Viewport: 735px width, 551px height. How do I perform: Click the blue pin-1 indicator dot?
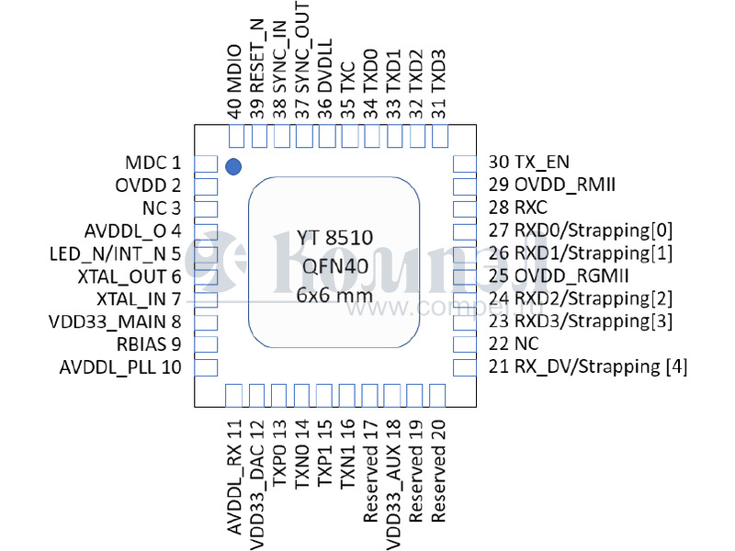233,166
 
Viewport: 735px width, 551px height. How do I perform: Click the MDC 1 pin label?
153,163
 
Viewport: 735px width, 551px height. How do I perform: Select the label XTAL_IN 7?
138,298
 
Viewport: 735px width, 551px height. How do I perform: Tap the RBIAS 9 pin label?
149,344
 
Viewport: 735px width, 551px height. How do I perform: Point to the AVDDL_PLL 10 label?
120,367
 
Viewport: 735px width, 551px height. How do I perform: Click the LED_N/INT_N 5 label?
115,253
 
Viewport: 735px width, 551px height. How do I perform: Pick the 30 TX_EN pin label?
529,163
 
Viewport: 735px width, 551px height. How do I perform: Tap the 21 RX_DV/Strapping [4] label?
588,367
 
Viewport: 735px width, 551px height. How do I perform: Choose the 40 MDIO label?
235,81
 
